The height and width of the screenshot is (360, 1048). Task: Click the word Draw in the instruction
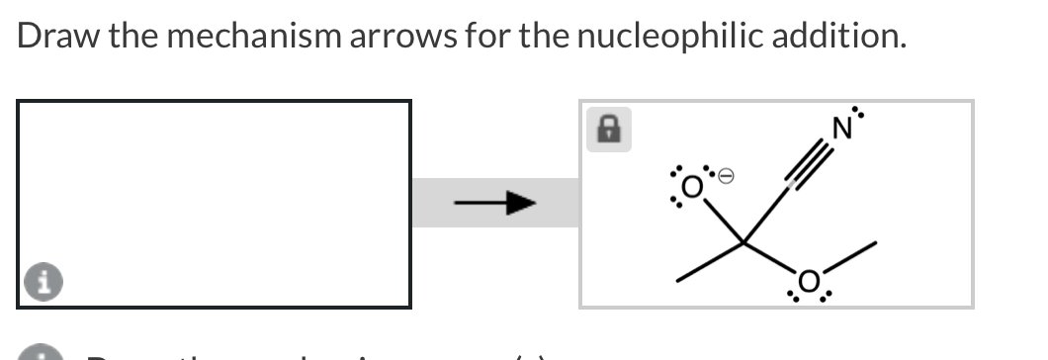point(52,37)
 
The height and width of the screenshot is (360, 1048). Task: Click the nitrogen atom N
point(842,128)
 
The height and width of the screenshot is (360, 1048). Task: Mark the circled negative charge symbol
point(724,176)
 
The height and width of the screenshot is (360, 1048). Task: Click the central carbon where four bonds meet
point(745,241)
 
